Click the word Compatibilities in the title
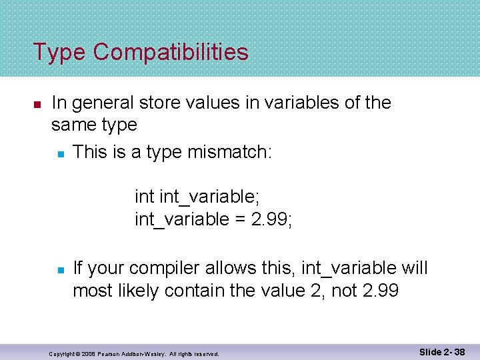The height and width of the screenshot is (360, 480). click(x=171, y=52)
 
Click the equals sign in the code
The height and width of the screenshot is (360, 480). click(x=242, y=219)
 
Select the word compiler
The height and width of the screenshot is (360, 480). click(x=162, y=269)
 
